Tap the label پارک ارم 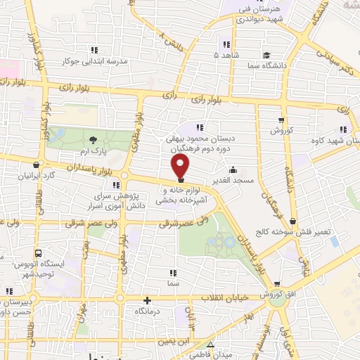pos(94,150)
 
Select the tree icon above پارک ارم pos(94,141)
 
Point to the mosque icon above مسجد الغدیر pos(233,170)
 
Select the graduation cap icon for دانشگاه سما pos(265,54)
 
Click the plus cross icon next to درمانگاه pos(146,300)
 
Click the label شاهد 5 pos(226,54)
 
